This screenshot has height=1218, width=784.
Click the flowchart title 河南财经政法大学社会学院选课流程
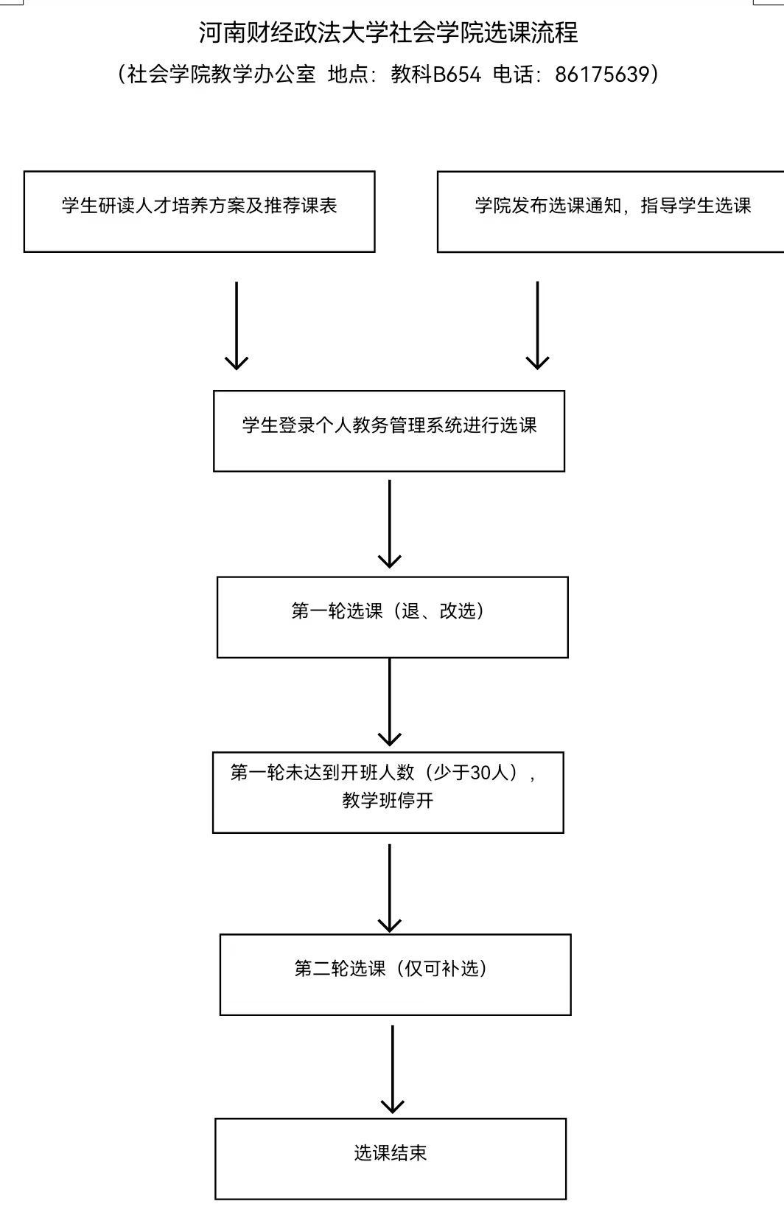[388, 32]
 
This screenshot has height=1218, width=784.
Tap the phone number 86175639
[602, 74]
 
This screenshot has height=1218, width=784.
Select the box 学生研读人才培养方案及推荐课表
[200, 212]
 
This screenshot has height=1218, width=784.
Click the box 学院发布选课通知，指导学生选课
[611, 212]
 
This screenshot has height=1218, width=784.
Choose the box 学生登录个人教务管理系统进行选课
[389, 431]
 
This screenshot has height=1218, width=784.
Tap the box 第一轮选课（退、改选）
[392, 617]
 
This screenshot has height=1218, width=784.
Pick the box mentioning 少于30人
[388, 793]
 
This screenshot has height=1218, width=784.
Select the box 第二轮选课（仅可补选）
[396, 975]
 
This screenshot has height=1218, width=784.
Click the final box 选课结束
[391, 1159]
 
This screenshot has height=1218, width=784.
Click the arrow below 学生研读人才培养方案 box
[237, 325]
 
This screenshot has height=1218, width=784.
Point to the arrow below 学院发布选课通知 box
[537, 325]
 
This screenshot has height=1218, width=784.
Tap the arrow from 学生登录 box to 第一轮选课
[390, 523]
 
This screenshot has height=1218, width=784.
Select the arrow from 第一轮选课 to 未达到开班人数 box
[390, 702]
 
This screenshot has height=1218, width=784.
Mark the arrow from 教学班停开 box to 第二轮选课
[390, 888]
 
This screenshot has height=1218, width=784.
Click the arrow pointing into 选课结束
[392, 1070]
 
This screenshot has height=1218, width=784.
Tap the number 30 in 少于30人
[481, 773]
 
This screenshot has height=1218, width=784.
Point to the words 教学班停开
[388, 801]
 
